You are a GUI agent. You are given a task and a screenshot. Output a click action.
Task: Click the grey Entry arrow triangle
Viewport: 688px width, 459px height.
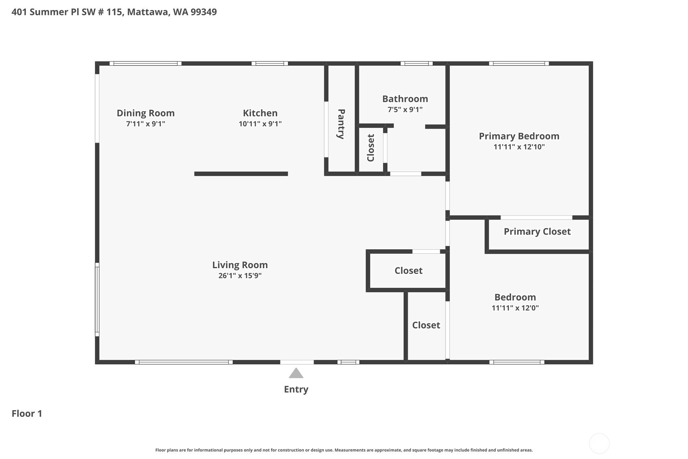[296, 373]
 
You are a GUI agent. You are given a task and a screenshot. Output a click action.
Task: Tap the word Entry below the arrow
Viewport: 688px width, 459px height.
[296, 389]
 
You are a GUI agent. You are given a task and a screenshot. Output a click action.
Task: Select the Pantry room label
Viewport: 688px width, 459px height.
[341, 124]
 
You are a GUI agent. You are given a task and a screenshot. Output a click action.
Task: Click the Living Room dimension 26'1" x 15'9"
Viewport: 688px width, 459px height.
[240, 276]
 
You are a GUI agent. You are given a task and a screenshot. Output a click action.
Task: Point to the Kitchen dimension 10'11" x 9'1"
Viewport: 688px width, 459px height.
[260, 124]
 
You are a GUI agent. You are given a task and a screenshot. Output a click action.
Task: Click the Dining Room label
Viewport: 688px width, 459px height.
[146, 113]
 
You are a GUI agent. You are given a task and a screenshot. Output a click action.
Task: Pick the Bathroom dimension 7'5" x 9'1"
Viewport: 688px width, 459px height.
[405, 110]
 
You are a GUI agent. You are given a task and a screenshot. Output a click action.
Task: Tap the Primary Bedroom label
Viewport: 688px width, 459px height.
[519, 136]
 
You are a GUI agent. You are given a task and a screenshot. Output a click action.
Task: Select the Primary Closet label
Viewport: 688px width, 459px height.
[537, 231]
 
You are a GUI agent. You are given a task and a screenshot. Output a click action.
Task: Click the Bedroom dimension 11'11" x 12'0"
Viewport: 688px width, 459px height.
[515, 308]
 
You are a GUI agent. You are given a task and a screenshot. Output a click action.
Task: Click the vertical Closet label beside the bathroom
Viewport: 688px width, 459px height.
[371, 148]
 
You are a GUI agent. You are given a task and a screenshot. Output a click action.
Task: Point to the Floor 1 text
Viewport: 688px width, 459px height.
[27, 414]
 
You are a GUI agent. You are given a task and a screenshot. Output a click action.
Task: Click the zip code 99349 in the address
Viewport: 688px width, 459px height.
[204, 12]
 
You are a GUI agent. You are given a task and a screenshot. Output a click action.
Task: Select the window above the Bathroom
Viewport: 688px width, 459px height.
[416, 64]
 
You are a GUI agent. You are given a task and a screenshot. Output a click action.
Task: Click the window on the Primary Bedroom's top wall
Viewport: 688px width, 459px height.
[519, 64]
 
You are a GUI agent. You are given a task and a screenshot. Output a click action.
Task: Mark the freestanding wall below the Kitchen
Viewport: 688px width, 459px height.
[241, 174]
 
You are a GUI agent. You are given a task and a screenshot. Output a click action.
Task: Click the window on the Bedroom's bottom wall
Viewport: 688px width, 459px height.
[517, 362]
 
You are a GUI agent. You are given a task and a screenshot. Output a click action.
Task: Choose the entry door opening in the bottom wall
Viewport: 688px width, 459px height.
[297, 362]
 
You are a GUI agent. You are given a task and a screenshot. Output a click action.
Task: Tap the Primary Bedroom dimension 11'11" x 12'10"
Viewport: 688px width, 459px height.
[519, 147]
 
